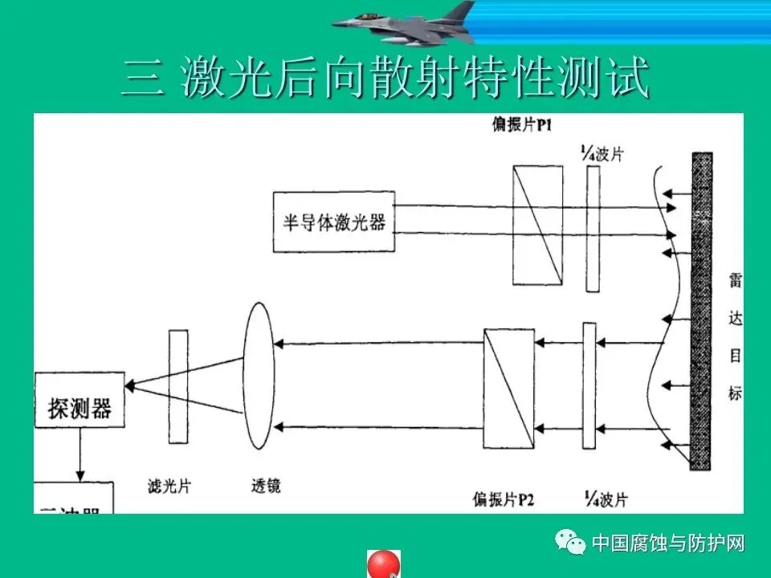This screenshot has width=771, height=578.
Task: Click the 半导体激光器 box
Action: [333, 222]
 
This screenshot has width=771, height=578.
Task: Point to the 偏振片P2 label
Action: [504, 500]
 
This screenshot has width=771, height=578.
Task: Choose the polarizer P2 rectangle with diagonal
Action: [509, 388]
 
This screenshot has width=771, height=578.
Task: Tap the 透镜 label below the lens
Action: [265, 486]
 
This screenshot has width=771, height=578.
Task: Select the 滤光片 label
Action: [169, 486]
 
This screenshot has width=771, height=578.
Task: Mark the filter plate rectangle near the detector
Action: [178, 386]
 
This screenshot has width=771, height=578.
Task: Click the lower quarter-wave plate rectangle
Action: [589, 387]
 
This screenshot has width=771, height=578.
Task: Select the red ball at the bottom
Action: [384, 564]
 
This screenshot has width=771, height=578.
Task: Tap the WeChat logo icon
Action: [574, 543]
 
